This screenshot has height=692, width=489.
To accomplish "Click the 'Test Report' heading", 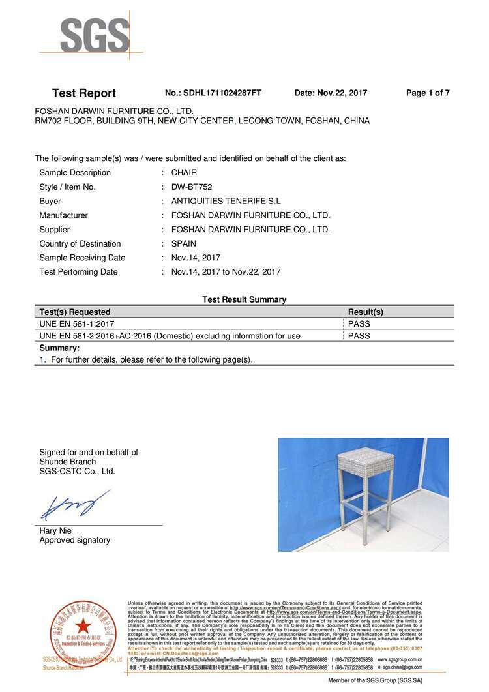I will click(83, 93).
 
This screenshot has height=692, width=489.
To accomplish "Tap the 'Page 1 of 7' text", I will click(428, 93).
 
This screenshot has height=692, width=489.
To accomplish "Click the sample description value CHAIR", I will click(184, 173).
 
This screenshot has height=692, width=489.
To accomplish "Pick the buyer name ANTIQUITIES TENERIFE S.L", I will click(226, 202).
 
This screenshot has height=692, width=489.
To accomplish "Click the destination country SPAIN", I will click(183, 244).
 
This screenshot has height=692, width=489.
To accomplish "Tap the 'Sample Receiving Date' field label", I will click(82, 258).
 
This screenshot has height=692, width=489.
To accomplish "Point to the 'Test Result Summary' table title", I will click(244, 299).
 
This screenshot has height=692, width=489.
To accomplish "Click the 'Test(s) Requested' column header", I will click(75, 312).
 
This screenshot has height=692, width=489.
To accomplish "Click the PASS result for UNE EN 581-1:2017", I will click(359, 323).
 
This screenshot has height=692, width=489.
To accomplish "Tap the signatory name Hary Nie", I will click(56, 530).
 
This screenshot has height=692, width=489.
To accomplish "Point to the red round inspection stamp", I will click(82, 629).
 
